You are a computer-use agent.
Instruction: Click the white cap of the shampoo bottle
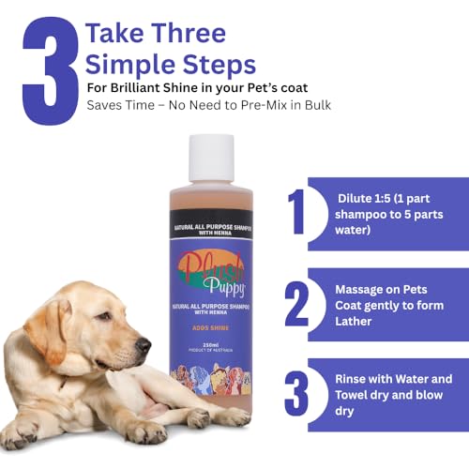coord(211,158)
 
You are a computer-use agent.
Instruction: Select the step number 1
coord(297,211)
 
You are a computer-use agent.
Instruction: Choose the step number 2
coord(297,305)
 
